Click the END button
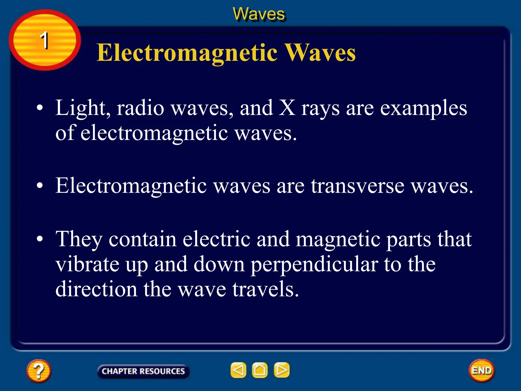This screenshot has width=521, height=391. click(482, 370)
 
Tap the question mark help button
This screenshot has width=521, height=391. click(39, 371)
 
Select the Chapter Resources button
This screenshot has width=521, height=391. click(143, 371)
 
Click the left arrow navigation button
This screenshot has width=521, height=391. click(238, 370)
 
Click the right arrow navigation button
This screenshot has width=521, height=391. click(282, 370)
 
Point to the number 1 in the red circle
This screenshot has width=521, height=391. click(44, 40)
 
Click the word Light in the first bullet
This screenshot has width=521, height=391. click(83, 108)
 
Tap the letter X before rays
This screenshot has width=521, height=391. click(287, 108)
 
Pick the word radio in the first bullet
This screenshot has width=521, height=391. click(140, 108)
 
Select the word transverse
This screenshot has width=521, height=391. click(357, 186)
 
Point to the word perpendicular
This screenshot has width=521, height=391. click(314, 265)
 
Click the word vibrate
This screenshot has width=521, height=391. click(87, 264)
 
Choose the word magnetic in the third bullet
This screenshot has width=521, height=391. click(338, 239)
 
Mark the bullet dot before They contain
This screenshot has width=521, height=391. click(40, 239)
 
